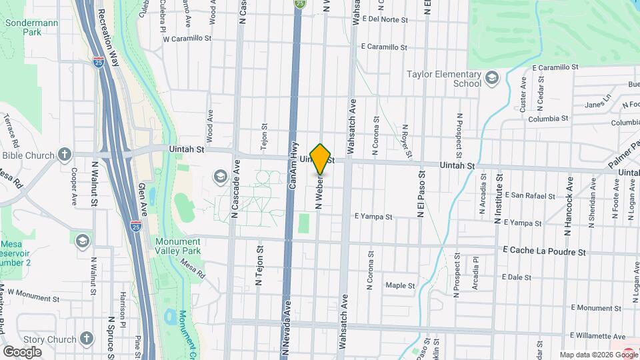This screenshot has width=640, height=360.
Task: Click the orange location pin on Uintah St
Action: (x=321, y=159)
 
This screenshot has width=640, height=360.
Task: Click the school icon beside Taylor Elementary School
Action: (x=492, y=79)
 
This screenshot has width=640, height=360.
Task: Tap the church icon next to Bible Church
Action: (x=65, y=155)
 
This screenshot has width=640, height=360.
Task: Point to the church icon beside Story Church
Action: (x=87, y=339)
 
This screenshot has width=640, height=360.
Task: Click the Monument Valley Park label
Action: (x=177, y=246)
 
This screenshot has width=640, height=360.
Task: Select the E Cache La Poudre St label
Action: (x=545, y=252)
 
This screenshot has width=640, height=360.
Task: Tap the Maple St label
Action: (x=401, y=285)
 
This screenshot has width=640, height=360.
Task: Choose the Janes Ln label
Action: (x=597, y=104)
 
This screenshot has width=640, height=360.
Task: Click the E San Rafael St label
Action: (x=530, y=196)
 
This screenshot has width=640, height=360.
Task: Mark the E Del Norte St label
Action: (x=384, y=19)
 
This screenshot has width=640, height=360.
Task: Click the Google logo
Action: (x=22, y=351)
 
